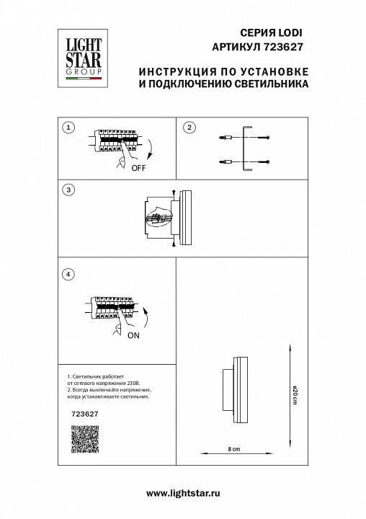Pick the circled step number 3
[x=68, y=190]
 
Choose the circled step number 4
[x=68, y=274]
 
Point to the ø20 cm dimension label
[x=295, y=396]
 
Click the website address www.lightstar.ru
[x=182, y=492]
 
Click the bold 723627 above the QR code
[x=86, y=414]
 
